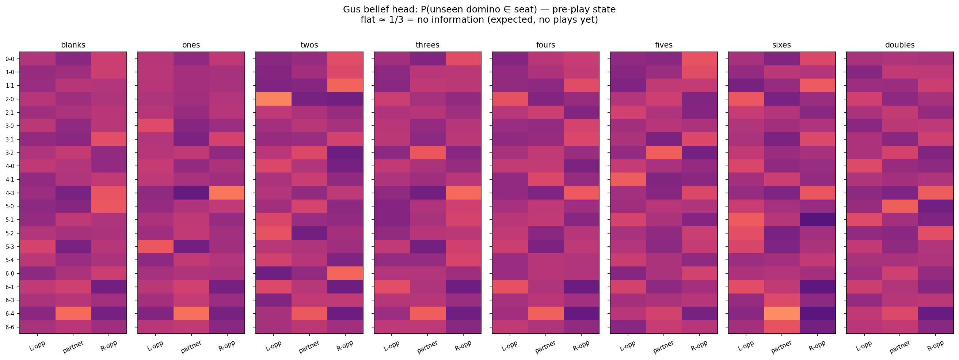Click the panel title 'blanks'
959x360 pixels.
tap(73, 45)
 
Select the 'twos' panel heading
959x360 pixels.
tap(309, 45)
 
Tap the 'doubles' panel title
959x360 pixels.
tap(899, 45)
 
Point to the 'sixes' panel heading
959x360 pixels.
tap(781, 45)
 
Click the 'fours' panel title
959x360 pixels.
tap(545, 45)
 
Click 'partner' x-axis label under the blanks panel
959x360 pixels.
tap(73, 346)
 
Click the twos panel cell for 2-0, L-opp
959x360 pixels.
tap(274, 99)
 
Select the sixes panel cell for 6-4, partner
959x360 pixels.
tap(781, 314)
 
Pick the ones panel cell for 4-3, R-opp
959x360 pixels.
tap(227, 193)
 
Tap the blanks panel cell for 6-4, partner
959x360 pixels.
tap(73, 314)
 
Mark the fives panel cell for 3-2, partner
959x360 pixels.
tap(663, 153)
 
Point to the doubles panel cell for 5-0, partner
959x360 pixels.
tap(899, 206)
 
